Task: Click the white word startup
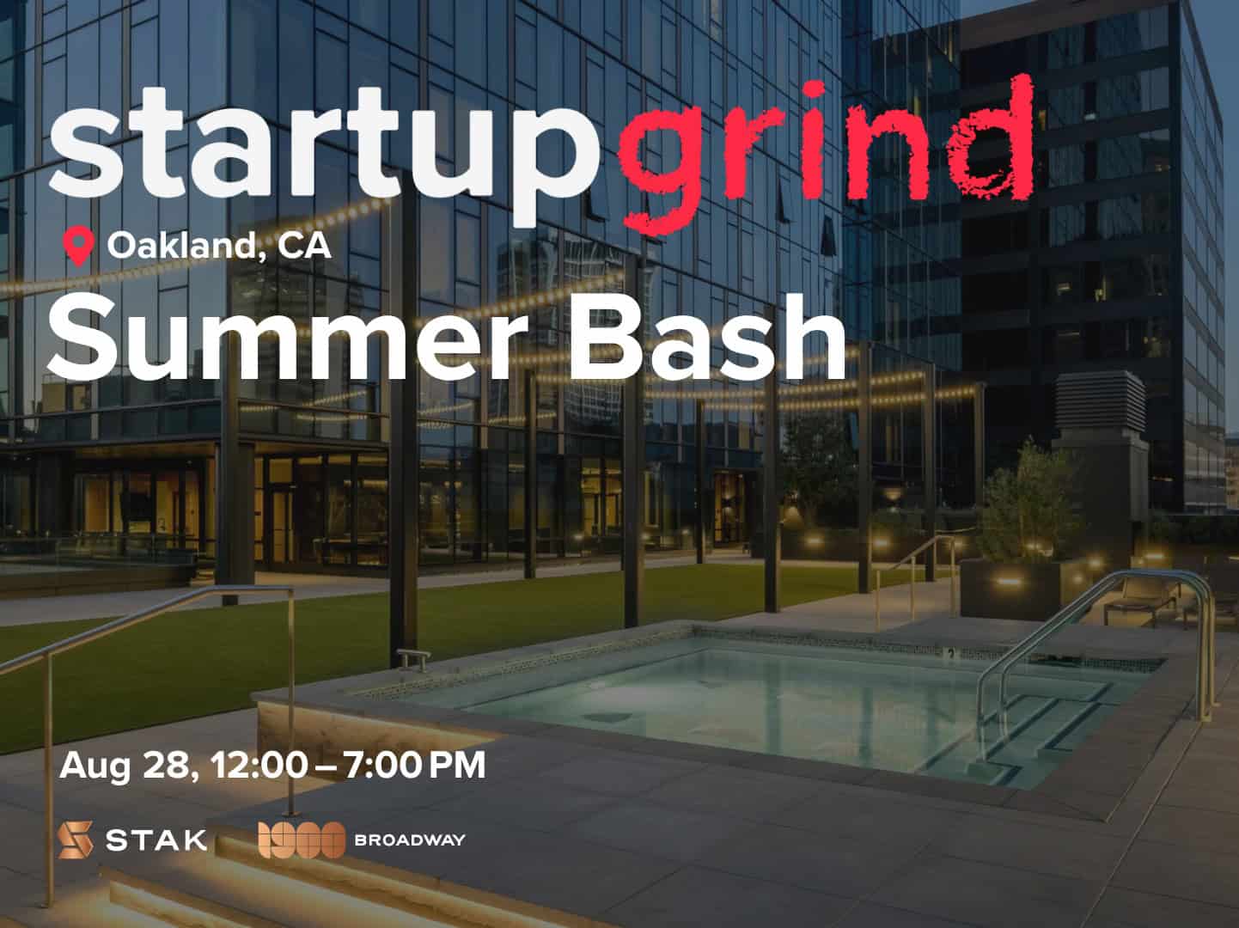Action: pyautogui.click(x=325, y=156)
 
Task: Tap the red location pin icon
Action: pyautogui.click(x=78, y=246)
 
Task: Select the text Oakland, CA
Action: pyautogui.click(x=219, y=246)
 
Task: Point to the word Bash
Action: pyautogui.click(x=708, y=338)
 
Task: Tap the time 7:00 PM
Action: pyautogui.click(x=415, y=765)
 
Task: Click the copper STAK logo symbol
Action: pyautogui.click(x=76, y=840)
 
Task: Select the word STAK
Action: pyautogui.click(x=156, y=840)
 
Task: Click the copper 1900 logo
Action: pyautogui.click(x=302, y=840)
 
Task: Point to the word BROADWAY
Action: pyautogui.click(x=410, y=840)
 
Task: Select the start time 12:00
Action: pyautogui.click(x=259, y=765)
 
